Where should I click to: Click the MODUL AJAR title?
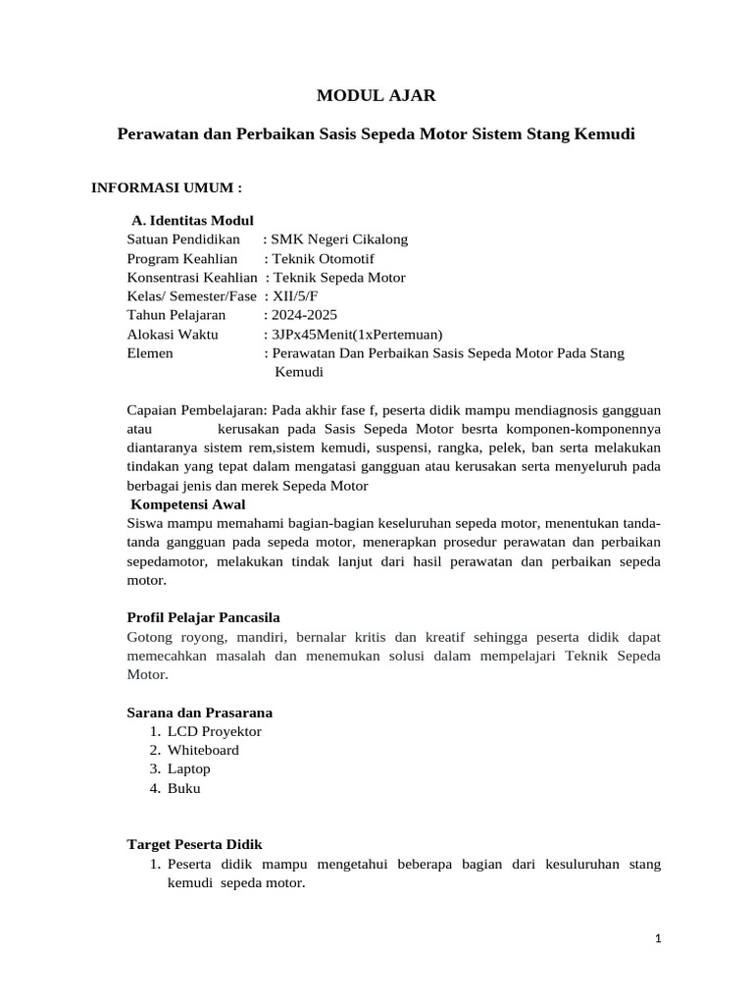(x=376, y=95)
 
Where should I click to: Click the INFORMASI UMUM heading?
(x=166, y=186)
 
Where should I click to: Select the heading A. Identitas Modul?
(x=192, y=220)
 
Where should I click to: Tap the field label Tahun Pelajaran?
(x=176, y=315)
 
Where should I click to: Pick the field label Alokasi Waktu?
(x=172, y=334)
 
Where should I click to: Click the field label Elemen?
(x=150, y=352)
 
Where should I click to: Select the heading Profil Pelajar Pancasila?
(x=204, y=617)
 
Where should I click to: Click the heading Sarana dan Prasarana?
(x=200, y=712)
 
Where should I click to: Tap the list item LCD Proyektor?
(x=215, y=731)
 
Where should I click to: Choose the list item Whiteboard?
(x=203, y=750)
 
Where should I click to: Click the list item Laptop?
(x=189, y=768)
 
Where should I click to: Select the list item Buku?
(x=184, y=788)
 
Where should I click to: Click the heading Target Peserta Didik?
(x=195, y=844)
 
